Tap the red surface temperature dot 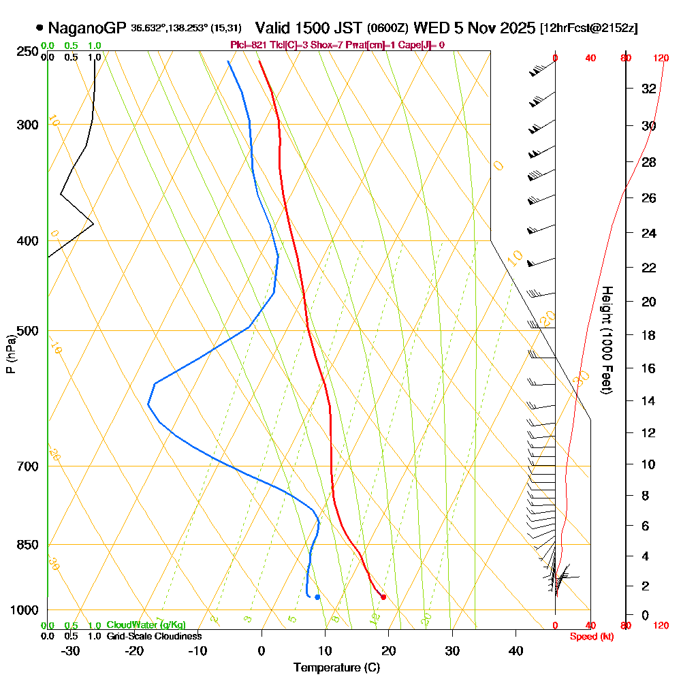point(383,597)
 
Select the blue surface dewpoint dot point(317,597)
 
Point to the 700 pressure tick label point(28,466)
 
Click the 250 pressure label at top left point(28,52)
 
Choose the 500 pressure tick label point(28,331)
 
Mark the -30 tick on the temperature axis point(71,650)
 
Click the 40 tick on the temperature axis point(516,650)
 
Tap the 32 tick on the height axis point(649,89)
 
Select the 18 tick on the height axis point(649,335)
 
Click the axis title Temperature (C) point(336,667)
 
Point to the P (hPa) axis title point(10,354)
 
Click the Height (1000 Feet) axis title point(605,340)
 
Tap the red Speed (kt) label point(590,637)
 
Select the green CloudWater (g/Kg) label point(146,625)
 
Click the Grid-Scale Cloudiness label point(154,636)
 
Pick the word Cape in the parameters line point(408,45)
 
